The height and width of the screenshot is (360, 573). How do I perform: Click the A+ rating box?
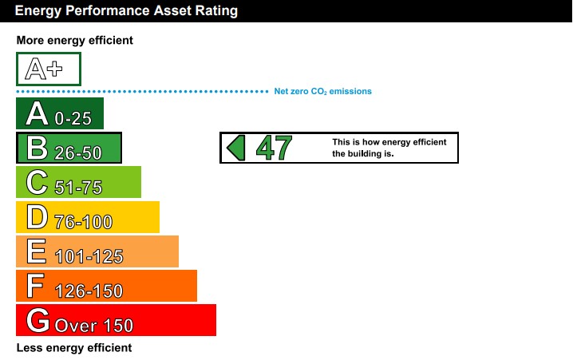(x=49, y=69)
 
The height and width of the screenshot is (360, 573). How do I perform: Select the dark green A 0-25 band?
(x=60, y=113)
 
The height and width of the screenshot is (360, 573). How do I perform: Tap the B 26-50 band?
(x=69, y=148)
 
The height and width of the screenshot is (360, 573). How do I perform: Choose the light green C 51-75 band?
(x=78, y=182)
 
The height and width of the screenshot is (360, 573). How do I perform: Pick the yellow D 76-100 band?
(x=88, y=217)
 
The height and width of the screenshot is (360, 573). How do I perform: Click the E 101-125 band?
(x=97, y=251)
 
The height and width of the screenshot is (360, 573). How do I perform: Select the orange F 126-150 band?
(x=106, y=286)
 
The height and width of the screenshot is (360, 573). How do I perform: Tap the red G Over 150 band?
(x=117, y=320)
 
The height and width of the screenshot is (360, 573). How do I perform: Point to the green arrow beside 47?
(x=236, y=148)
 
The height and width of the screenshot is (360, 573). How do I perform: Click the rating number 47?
(x=274, y=148)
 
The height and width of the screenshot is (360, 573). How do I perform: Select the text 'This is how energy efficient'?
(x=389, y=142)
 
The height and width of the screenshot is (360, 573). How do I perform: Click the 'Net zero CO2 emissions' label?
(x=322, y=91)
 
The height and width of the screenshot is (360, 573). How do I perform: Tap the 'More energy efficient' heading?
(x=75, y=40)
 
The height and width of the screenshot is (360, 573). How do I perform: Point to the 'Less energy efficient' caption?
(x=74, y=348)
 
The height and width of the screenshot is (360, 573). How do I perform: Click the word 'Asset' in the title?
(x=172, y=10)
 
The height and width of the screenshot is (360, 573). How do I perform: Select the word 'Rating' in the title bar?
(x=216, y=11)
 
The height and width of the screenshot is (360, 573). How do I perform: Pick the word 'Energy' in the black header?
(x=38, y=11)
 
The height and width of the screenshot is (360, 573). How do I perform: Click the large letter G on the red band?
(x=38, y=320)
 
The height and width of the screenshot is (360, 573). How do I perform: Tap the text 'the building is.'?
(x=363, y=154)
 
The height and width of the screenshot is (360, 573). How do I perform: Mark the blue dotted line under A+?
(x=143, y=91)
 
